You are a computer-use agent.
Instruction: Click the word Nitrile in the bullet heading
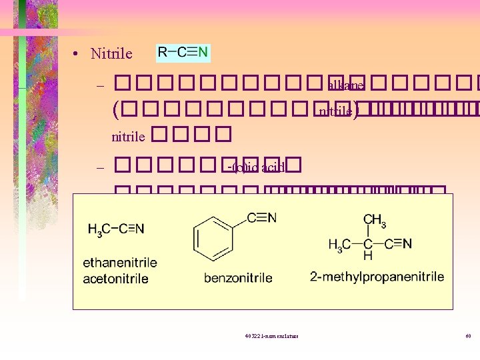111,54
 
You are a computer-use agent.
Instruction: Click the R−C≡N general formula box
183,52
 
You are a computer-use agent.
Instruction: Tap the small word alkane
345,85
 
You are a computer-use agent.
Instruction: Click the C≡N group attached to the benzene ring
261,218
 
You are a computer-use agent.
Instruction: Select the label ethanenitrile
119,262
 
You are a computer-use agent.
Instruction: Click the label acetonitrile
115,278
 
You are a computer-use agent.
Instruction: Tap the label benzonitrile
238,277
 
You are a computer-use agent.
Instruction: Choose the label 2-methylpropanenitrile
377,276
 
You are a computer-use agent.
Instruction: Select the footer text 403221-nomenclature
272,335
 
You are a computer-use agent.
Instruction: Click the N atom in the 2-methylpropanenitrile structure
407,243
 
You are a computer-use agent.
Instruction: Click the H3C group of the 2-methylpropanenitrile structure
339,244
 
